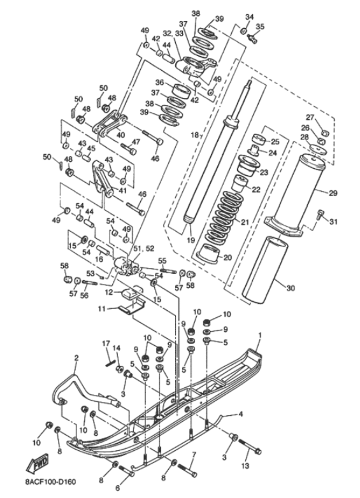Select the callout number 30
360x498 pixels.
tap(291, 288)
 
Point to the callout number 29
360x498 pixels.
tap(332, 192)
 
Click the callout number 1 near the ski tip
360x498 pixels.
tap(260, 335)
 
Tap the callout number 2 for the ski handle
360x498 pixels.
tap(76, 358)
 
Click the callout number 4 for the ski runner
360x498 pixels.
tap(240, 415)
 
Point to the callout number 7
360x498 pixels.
tap(194, 455)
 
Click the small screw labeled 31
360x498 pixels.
tap(320, 215)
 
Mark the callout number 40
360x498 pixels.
tap(120, 134)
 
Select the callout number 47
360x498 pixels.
tap(135, 142)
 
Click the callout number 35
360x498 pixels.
tap(259, 27)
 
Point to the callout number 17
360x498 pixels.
tap(106, 345)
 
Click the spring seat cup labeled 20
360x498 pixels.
tap(209, 253)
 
